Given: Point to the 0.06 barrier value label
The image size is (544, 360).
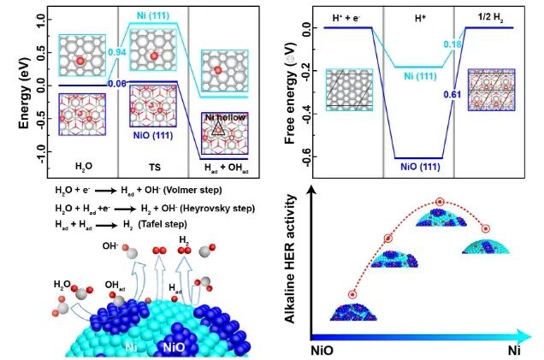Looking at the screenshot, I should (117, 84).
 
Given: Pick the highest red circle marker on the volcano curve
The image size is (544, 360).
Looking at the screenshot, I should (440, 203).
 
